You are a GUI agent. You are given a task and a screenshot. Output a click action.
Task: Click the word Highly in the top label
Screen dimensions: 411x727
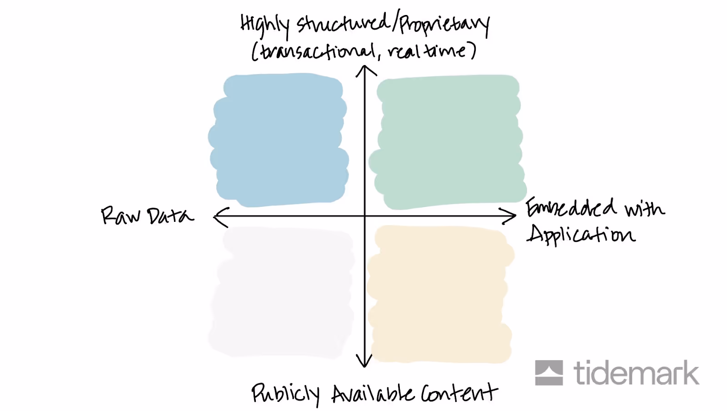pyautogui.click(x=264, y=25)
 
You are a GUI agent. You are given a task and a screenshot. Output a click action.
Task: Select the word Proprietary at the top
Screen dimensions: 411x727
pyautogui.click(x=444, y=25)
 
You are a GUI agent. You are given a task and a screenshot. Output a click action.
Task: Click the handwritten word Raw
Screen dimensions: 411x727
pyautogui.click(x=120, y=216)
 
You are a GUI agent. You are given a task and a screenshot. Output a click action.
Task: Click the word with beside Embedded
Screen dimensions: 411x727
pyautogui.click(x=644, y=209)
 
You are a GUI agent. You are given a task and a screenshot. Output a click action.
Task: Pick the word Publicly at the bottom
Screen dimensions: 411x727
pyautogui.click(x=285, y=393)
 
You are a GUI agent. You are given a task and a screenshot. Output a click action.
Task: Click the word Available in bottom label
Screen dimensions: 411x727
pyautogui.click(x=373, y=393)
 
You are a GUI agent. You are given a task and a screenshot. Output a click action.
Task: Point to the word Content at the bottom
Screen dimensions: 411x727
pyautogui.click(x=459, y=392)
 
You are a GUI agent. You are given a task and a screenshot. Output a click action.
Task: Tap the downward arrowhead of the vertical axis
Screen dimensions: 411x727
pyautogui.click(x=364, y=362)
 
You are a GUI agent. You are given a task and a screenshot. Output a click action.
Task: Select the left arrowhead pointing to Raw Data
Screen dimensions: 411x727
pyautogui.click(x=219, y=216)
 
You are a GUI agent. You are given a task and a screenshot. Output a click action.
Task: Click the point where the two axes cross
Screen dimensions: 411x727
pyautogui.click(x=365, y=216)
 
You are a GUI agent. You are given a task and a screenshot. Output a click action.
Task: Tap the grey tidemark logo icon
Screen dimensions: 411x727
pyautogui.click(x=549, y=373)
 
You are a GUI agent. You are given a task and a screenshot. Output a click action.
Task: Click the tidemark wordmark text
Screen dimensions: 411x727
pyautogui.click(x=636, y=373)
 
